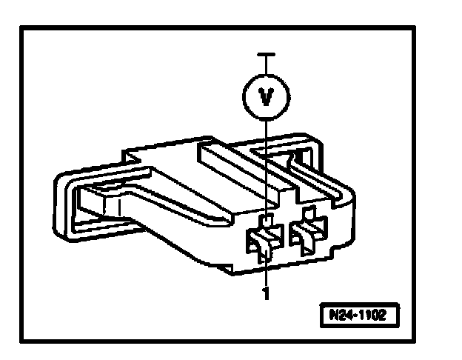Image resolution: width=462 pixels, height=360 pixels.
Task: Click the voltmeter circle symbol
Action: (x=266, y=96)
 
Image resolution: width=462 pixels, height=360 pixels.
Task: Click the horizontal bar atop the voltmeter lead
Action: (x=266, y=54)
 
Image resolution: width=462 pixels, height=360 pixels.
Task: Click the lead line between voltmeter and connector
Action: (x=266, y=163)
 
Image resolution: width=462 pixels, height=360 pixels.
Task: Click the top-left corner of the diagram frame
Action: (x=23, y=29)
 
